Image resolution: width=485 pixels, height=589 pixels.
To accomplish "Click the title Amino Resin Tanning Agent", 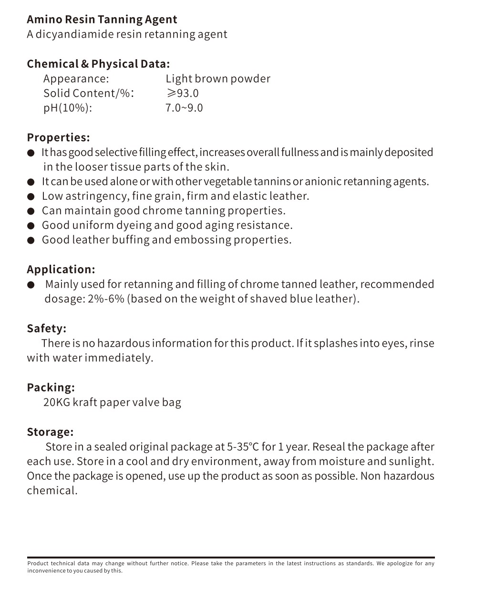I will [x=102, y=20].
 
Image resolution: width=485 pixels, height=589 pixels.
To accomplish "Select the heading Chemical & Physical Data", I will [x=98, y=64].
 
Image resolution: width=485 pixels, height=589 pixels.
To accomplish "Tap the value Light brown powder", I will [x=217, y=79].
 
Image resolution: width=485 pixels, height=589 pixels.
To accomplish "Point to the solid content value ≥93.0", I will [x=182, y=93].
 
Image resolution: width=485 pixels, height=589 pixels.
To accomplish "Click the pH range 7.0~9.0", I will [x=184, y=108].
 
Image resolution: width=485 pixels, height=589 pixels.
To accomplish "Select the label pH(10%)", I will [x=67, y=108].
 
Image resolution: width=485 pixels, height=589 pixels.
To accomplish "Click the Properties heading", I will [x=58, y=137].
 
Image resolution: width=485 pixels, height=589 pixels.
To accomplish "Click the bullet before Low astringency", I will [x=31, y=196].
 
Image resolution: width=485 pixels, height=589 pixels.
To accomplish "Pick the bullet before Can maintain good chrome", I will [x=31, y=211].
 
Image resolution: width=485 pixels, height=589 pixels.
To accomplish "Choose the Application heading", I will [x=61, y=269].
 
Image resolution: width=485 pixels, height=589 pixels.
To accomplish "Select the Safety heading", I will [x=46, y=329].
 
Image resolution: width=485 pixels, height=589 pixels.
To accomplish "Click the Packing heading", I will [x=51, y=387].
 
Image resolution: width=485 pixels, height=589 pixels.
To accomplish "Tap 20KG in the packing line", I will [x=56, y=403].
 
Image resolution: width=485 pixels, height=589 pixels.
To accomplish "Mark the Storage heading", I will [x=50, y=432].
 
